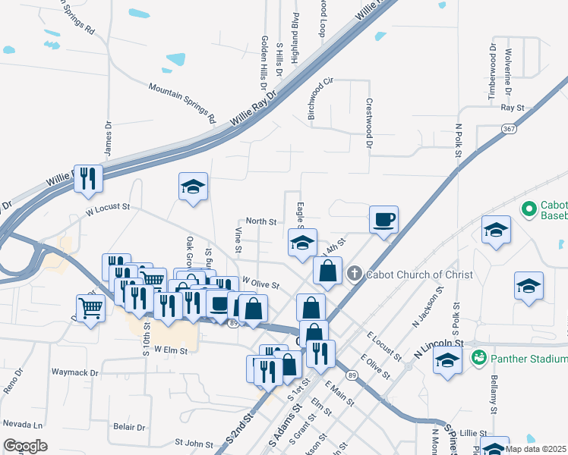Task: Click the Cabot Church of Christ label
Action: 419,274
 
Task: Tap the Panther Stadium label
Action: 528,358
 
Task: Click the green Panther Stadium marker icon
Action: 478,357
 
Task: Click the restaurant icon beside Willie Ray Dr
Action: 89,179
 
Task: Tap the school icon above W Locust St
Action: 193,187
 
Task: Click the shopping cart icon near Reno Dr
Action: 90,308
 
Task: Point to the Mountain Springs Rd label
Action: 182,104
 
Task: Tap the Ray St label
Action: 513,108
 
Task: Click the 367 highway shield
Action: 508,130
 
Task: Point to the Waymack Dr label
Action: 74,373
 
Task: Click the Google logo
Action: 25,446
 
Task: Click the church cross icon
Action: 353,274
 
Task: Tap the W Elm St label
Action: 170,350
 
